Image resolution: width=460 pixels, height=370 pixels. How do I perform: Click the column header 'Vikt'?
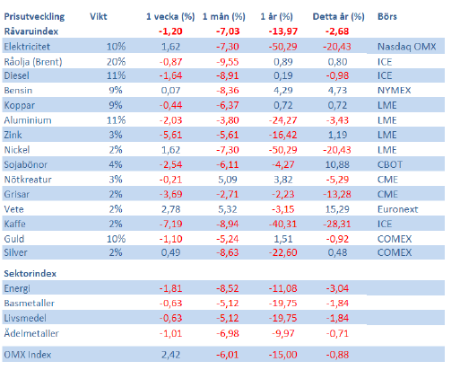99,16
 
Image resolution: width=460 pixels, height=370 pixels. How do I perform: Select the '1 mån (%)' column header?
224,17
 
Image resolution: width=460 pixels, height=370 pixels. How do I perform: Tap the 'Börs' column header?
387,16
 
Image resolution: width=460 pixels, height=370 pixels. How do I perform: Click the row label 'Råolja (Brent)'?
33,62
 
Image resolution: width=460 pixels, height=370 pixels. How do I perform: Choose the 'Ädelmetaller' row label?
31,333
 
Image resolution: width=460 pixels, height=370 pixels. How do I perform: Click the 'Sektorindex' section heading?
30,274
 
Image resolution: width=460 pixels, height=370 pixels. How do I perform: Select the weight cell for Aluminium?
116,120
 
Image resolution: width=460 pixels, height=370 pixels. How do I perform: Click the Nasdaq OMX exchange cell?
407,47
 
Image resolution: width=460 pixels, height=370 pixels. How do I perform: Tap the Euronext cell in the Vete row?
398,209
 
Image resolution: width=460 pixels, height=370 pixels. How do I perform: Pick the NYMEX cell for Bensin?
395,91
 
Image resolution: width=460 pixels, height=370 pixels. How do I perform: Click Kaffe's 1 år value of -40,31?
282,224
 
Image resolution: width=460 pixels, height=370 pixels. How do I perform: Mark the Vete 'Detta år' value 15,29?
337,209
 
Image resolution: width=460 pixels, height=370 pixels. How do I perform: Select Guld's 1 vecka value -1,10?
170,239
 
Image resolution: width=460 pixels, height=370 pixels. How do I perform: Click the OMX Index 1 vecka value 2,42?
170,355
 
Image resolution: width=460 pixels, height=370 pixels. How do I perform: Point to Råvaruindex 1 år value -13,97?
282,31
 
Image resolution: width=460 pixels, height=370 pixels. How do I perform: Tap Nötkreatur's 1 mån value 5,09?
228,180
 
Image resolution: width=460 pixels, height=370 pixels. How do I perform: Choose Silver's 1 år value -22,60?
282,252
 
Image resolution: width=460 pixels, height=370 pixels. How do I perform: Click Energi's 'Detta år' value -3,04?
337,288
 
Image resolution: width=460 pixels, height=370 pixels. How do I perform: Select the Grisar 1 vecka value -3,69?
170,194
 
